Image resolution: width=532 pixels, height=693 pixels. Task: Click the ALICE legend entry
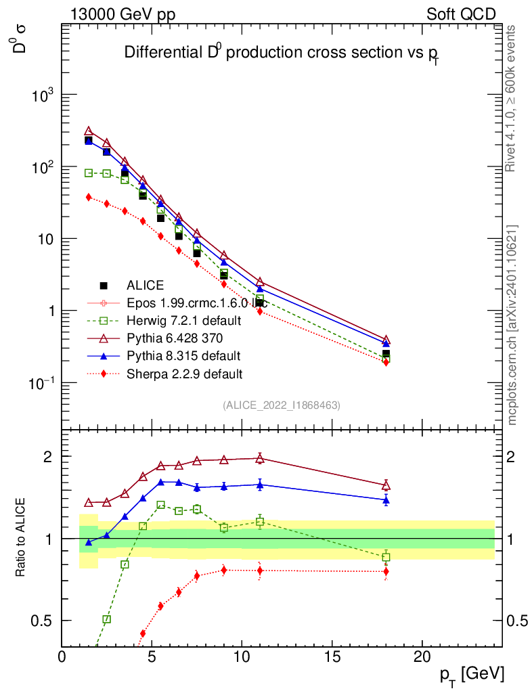(145, 286)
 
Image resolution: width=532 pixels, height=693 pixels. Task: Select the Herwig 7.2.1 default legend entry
(183, 320)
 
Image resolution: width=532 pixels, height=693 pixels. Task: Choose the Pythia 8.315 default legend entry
(183, 355)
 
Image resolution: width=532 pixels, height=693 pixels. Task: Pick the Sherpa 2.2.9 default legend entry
(184, 373)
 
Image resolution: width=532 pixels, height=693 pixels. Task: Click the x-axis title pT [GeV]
(471, 674)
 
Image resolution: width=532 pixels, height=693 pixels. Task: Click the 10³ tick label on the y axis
(42, 95)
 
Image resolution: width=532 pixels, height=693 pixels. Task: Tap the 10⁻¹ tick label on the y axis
(41, 383)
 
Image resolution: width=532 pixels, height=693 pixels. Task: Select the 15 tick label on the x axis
(332, 656)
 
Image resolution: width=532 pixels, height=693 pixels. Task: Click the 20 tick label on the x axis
(422, 656)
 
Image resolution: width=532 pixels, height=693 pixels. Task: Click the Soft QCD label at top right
(461, 14)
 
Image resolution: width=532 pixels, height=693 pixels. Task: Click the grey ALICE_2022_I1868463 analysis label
(281, 405)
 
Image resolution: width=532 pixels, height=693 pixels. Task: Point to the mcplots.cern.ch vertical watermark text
(512, 325)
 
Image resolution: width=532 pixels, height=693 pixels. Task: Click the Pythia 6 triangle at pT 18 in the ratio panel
(386, 485)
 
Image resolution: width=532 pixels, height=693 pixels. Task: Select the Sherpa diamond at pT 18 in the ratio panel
(386, 571)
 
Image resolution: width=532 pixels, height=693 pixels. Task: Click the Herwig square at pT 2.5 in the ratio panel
(106, 619)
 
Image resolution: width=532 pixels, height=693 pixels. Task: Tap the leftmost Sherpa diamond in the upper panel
(89, 197)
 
